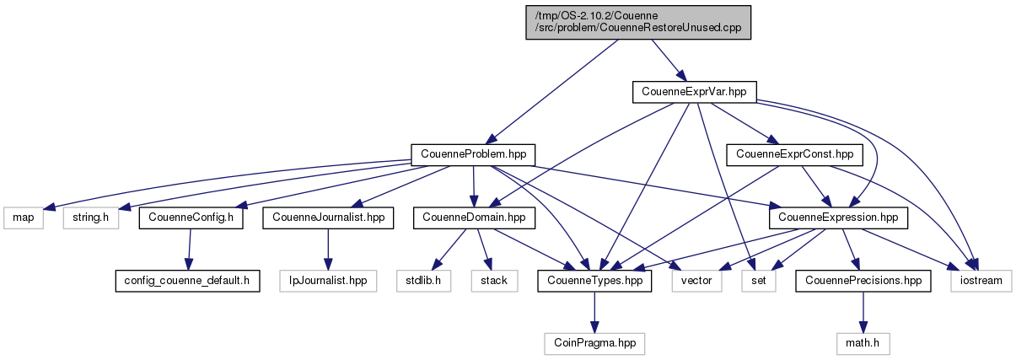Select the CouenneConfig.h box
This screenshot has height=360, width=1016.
point(191,218)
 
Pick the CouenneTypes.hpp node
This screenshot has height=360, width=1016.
point(595,280)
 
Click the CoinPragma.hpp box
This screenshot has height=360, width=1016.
point(595,343)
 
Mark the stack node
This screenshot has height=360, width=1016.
point(493,280)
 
